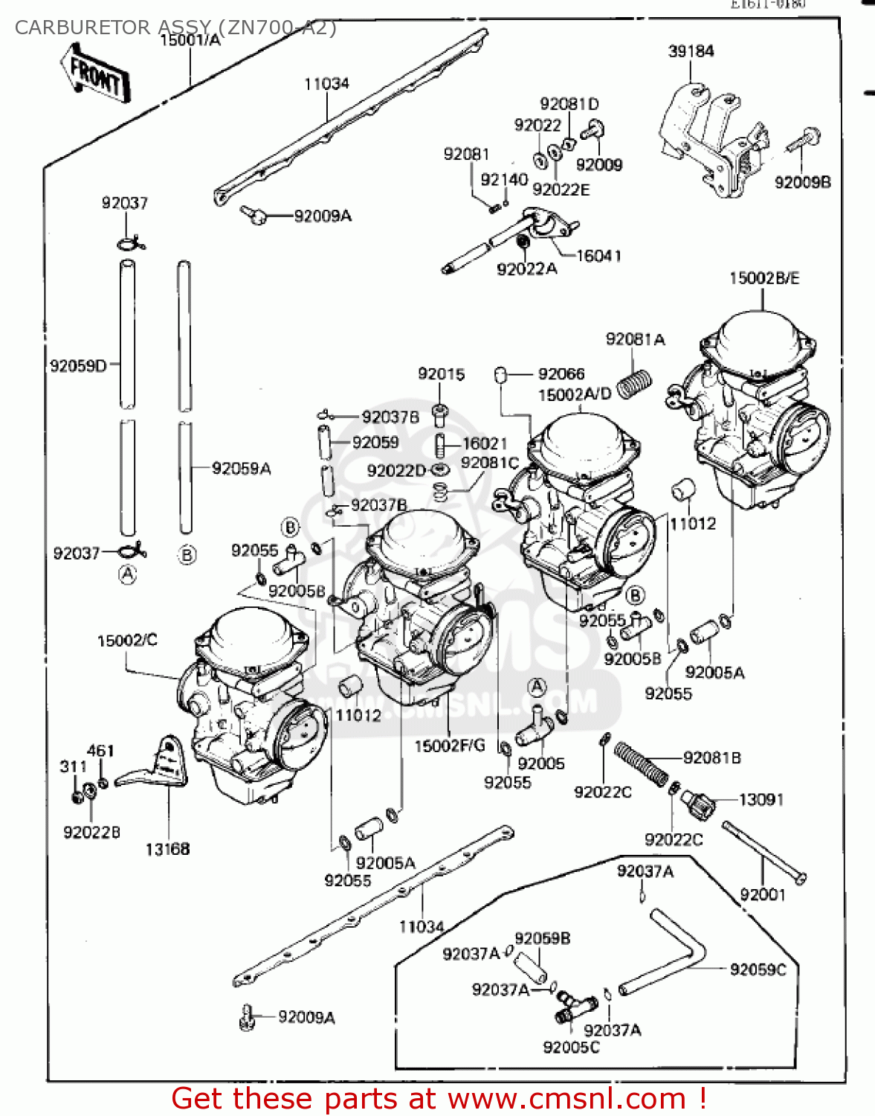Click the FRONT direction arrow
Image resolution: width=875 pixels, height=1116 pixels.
tap(94, 73)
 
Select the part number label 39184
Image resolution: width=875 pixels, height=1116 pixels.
tap(691, 51)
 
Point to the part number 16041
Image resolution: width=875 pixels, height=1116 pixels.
tap(598, 255)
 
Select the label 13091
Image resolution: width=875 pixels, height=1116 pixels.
tap(761, 799)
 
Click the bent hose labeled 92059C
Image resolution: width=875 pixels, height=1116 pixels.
tap(669, 952)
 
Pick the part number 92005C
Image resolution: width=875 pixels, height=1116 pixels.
tap(571, 1047)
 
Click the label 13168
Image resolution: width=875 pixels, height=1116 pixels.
tap(167, 849)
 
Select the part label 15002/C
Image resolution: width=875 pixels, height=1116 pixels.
tap(127, 640)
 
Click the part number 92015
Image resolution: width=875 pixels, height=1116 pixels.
tap(441, 373)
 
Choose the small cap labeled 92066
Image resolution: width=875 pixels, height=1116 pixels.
tap(501, 374)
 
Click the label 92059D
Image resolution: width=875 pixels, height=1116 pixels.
tap(78, 365)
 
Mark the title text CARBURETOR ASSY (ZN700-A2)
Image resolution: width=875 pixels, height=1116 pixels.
tap(175, 28)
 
